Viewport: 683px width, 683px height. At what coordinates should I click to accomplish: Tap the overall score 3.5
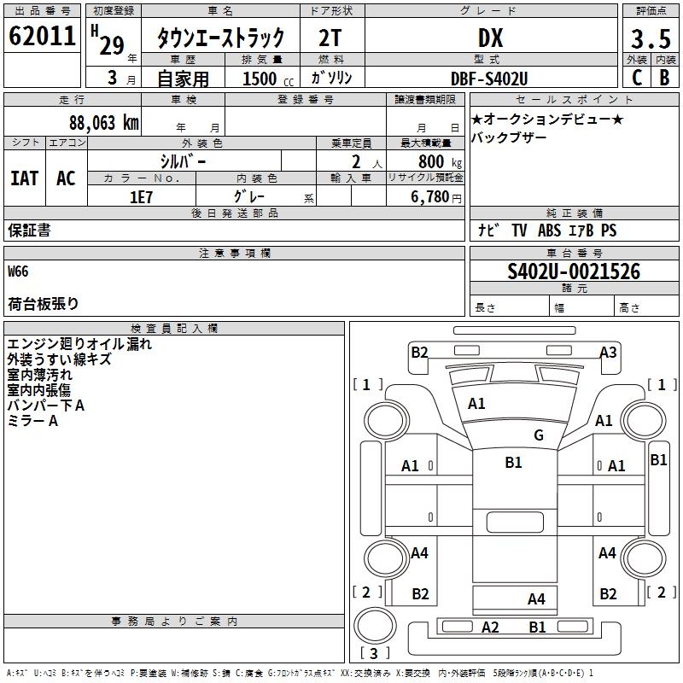[x=650, y=39]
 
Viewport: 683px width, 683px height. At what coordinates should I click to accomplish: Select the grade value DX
[x=490, y=38]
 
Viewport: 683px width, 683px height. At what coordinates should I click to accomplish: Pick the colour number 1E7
[x=141, y=196]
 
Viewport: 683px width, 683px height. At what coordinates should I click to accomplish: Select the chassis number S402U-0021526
[x=574, y=271]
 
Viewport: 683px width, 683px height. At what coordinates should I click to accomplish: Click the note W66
[x=18, y=271]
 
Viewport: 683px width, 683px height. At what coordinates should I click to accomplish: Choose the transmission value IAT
[x=24, y=178]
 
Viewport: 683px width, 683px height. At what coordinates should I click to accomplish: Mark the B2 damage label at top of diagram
[x=419, y=352]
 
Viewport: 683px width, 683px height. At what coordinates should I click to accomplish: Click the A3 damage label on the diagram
[x=608, y=352]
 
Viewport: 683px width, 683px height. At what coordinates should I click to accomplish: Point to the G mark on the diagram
[x=538, y=435]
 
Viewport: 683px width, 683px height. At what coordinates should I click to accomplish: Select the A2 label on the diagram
[x=489, y=628]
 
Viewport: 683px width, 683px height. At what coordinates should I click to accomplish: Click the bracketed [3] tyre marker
[x=369, y=653]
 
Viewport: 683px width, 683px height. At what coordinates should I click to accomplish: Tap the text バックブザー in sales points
[x=510, y=138]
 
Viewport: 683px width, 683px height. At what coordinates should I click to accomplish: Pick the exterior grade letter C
[x=636, y=78]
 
